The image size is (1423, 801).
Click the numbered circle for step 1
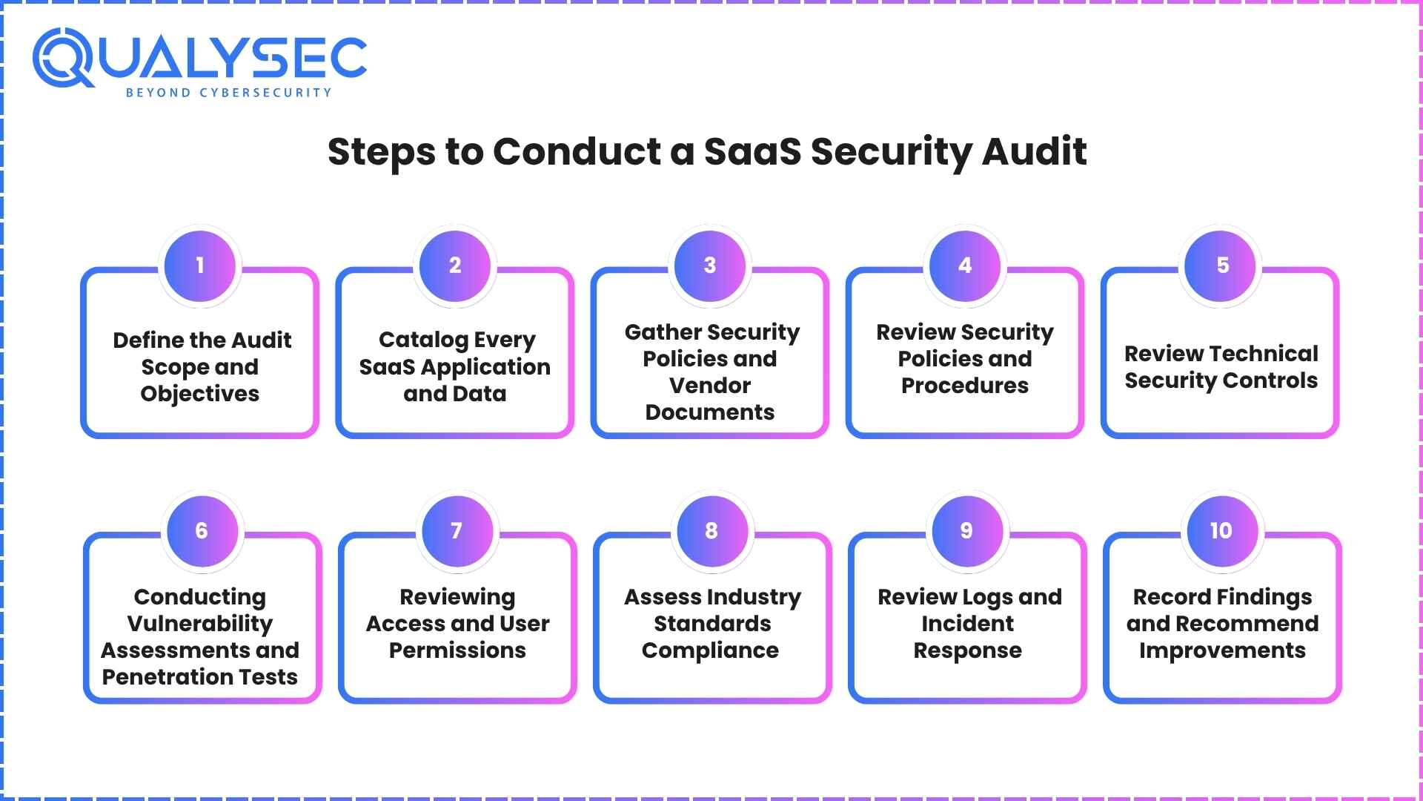(200, 266)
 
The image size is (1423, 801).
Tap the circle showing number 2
(455, 266)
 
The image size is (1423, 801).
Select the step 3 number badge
(710, 266)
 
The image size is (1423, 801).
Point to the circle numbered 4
(965, 266)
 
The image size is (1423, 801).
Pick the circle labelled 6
(202, 531)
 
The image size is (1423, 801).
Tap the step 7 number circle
(457, 531)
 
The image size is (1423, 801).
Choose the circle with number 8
(711, 531)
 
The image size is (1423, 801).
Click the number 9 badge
(966, 531)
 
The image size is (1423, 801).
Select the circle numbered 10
(1221, 531)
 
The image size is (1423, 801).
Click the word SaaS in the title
(752, 151)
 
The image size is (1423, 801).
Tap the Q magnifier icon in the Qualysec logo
(63, 58)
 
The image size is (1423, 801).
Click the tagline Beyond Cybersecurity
(228, 93)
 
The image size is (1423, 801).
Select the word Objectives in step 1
(200, 394)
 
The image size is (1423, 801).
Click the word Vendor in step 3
(710, 386)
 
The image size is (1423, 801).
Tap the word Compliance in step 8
(710, 650)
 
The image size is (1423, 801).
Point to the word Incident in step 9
(967, 624)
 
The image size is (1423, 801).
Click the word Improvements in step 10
(1222, 650)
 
